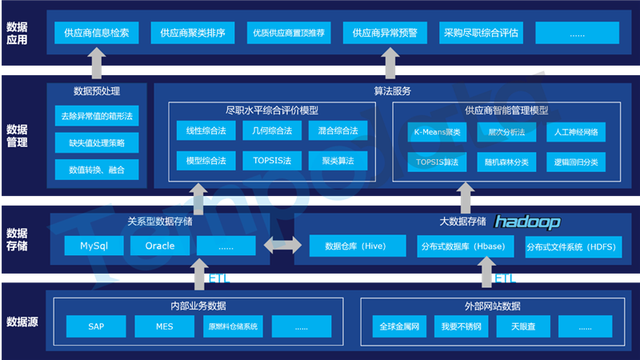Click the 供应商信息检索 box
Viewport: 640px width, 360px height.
pos(96,33)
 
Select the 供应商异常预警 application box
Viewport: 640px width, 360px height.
pos(385,33)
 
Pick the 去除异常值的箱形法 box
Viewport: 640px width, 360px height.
pos(97,116)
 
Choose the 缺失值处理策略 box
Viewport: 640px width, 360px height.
pos(97,142)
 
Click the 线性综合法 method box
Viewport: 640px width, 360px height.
pos(206,130)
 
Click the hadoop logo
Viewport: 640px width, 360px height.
pos(527,222)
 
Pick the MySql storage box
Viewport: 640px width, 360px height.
pos(94,246)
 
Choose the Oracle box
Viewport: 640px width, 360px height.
pos(160,246)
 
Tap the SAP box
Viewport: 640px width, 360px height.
pos(97,326)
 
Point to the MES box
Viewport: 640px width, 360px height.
pos(165,326)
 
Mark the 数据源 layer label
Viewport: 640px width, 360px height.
pos(24,322)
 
